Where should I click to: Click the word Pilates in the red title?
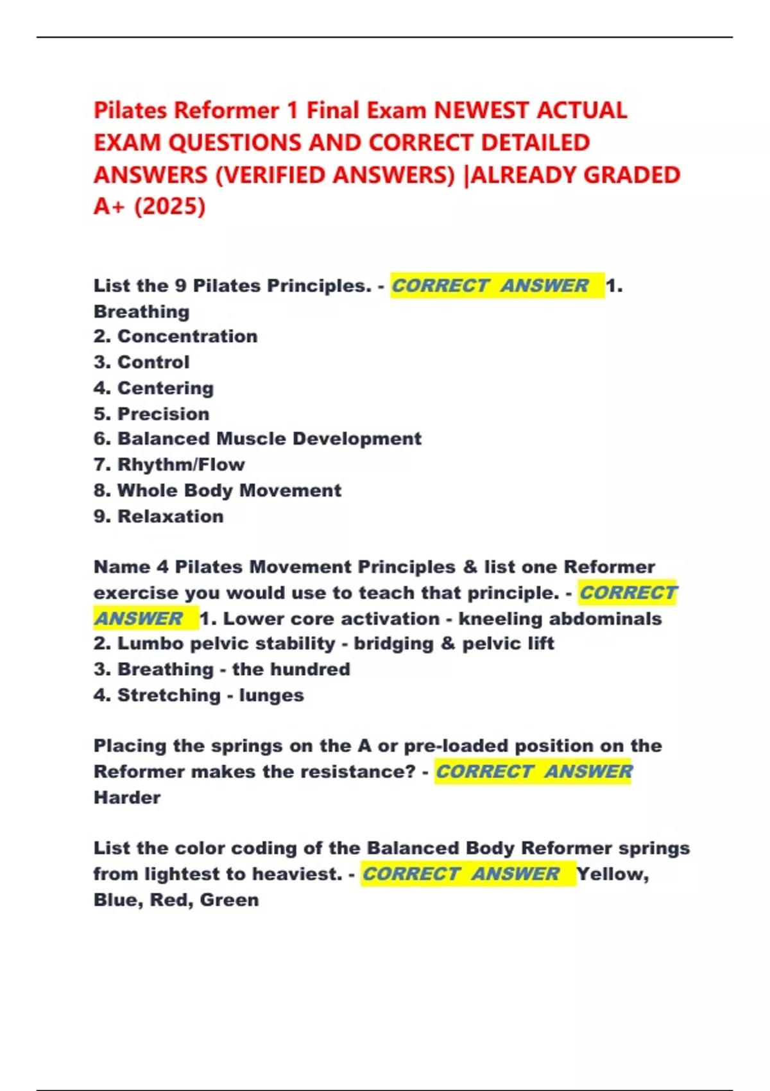pyautogui.click(x=131, y=110)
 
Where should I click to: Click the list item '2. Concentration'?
pyautogui.click(x=175, y=336)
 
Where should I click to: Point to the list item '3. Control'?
pyautogui.click(x=141, y=362)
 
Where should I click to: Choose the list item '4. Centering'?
pyautogui.click(x=153, y=388)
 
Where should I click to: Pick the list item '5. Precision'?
pyautogui.click(x=151, y=413)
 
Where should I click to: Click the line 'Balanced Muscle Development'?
pyautogui.click(x=269, y=439)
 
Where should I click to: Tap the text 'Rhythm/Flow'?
pyautogui.click(x=180, y=465)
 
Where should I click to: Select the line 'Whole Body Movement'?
pyautogui.click(x=229, y=490)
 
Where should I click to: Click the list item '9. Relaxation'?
pyautogui.click(x=158, y=516)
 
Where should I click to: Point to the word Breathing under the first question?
pyautogui.click(x=141, y=312)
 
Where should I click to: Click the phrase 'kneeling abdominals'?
pyautogui.click(x=560, y=619)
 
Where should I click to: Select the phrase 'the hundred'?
pyautogui.click(x=291, y=669)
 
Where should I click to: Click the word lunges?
pyautogui.click(x=271, y=695)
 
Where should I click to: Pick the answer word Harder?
pyautogui.click(x=127, y=798)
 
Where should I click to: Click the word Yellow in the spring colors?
pyautogui.click(x=612, y=874)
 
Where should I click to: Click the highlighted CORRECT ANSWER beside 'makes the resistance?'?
pyautogui.click(x=533, y=771)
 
